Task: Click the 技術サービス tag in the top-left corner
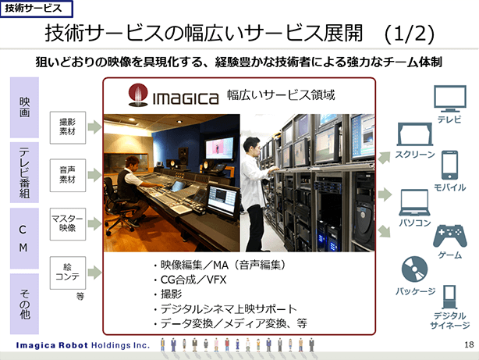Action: click(37, 9)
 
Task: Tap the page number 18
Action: click(469, 344)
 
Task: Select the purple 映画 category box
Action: click(24, 107)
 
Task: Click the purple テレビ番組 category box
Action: click(24, 173)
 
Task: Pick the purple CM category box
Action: click(24, 238)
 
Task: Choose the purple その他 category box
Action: click(24, 304)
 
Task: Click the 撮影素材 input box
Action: click(68, 127)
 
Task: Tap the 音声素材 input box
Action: click(68, 175)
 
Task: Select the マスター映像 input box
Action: click(68, 224)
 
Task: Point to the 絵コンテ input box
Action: click(68, 273)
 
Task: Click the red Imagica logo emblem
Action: click(138, 95)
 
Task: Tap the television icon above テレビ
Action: click(450, 98)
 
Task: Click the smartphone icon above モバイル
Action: click(449, 165)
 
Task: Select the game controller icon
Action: click(450, 236)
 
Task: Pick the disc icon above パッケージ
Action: click(414, 269)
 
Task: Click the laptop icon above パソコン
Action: click(414, 202)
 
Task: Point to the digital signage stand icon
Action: click(449, 297)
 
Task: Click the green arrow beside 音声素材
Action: click(94, 175)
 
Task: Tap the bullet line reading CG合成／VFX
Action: click(193, 280)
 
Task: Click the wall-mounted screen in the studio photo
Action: click(220, 148)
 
